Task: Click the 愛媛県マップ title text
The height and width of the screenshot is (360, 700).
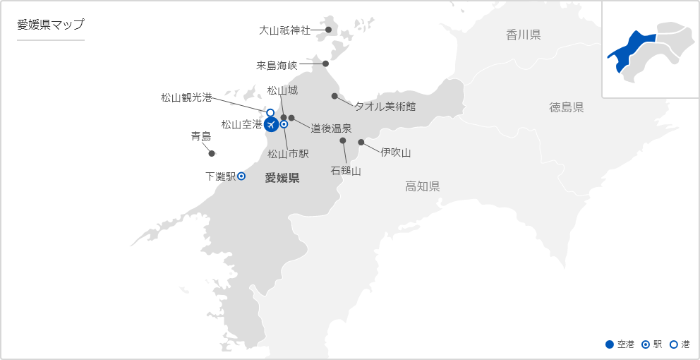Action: (x=51, y=25)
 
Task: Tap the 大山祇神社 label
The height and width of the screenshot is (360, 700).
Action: (x=284, y=30)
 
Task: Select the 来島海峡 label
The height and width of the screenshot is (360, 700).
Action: (x=277, y=65)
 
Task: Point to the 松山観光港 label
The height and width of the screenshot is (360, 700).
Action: (x=186, y=97)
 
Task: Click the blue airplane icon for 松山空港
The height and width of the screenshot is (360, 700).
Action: (x=271, y=125)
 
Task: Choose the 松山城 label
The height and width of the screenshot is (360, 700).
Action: (x=282, y=90)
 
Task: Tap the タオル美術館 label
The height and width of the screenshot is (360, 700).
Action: (x=385, y=107)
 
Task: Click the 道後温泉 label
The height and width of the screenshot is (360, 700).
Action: (x=331, y=128)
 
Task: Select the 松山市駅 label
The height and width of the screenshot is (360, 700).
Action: (x=289, y=153)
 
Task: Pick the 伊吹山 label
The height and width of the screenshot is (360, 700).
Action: (x=395, y=152)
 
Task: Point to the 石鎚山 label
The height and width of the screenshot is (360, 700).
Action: (x=346, y=170)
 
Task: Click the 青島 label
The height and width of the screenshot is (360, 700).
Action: (x=201, y=136)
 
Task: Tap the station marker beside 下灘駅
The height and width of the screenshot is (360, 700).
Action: (x=241, y=176)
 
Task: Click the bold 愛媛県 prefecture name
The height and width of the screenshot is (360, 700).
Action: (x=282, y=178)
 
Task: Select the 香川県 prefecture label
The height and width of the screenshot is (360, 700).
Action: (x=523, y=35)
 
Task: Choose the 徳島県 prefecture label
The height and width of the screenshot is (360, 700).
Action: (x=567, y=107)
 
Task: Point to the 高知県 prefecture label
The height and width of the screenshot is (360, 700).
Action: (x=423, y=186)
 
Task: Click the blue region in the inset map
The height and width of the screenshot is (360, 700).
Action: (x=632, y=49)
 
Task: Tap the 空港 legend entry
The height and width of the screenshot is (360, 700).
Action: (x=620, y=344)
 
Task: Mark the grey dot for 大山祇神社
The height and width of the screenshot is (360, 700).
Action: (x=328, y=30)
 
